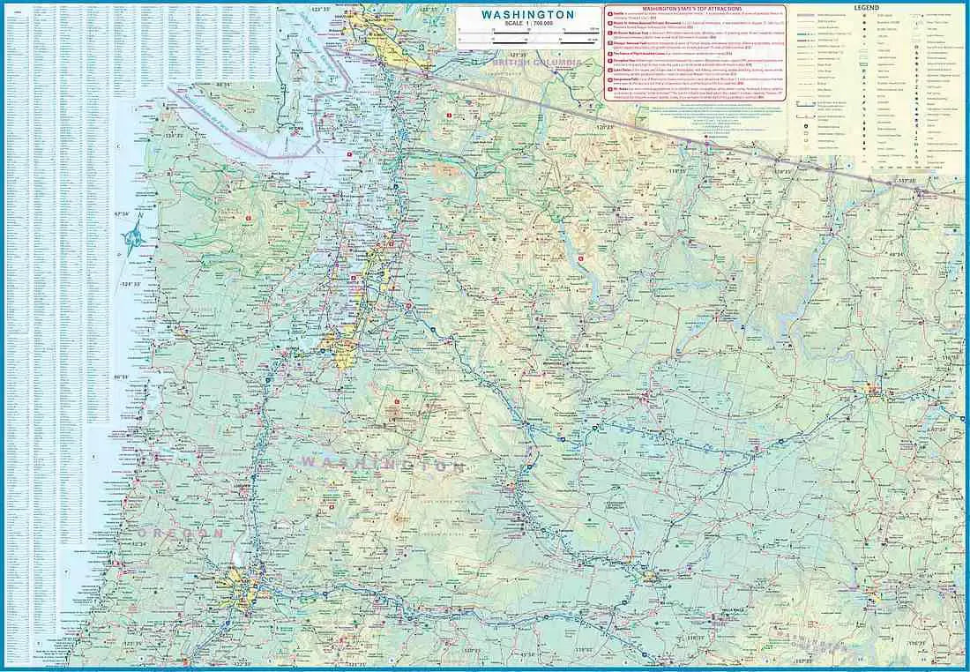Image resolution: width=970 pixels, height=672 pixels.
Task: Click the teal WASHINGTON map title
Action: pos(527,15)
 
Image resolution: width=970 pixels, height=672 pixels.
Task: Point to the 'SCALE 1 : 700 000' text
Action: pos(527,26)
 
